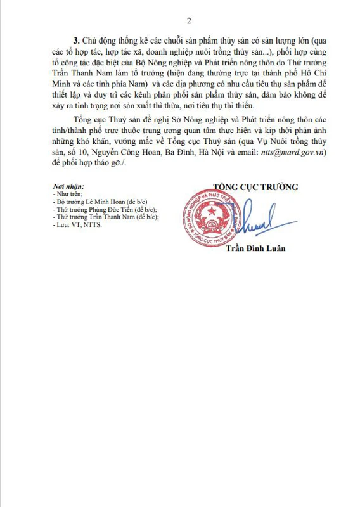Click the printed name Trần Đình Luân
(x=256, y=248)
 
